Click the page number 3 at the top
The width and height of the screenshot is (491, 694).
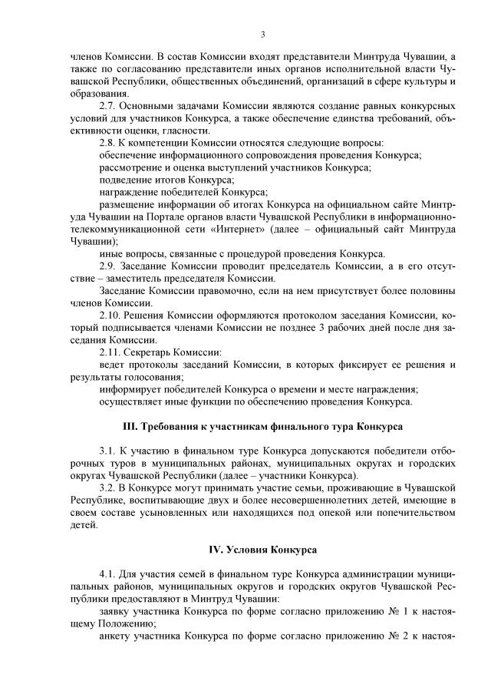coord(262,35)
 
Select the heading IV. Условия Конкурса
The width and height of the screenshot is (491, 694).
coord(263,550)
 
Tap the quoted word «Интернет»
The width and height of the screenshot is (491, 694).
coord(302,229)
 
